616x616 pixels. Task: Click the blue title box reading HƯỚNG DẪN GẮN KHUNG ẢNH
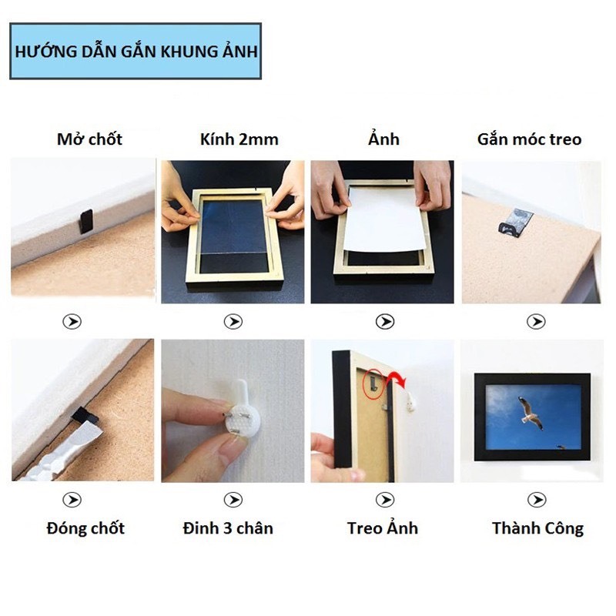(x=136, y=52)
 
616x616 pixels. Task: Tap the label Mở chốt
(x=89, y=139)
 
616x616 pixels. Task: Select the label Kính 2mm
(x=233, y=139)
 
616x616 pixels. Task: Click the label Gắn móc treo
(x=529, y=139)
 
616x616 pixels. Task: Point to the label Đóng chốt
(x=85, y=528)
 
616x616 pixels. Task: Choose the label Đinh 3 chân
(x=229, y=528)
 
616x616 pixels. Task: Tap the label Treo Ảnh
(x=383, y=528)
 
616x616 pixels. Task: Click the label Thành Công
(x=537, y=528)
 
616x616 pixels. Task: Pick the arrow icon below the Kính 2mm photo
(x=233, y=322)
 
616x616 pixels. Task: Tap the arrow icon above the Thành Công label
(x=537, y=500)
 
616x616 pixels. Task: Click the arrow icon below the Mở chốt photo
(x=72, y=322)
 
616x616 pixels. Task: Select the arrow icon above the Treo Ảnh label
(x=383, y=500)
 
